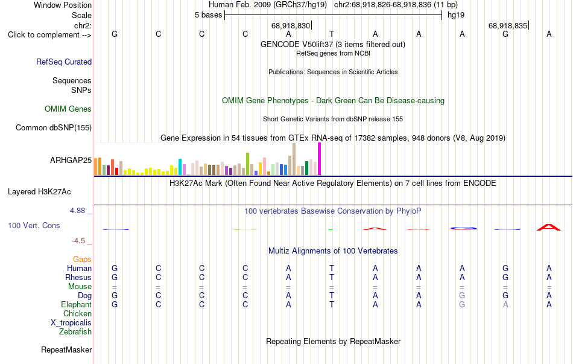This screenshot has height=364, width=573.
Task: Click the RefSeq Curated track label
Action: (64, 62)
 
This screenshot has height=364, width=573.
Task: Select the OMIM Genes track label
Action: (68, 109)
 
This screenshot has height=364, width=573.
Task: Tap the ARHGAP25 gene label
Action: (71, 160)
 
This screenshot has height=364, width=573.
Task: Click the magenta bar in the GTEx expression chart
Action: (320, 159)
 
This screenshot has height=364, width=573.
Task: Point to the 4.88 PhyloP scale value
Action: (77, 211)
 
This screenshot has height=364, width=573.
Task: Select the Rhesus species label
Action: (78, 277)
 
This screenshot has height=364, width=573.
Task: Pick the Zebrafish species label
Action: (75, 332)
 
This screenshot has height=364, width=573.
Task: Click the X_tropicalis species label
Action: (71, 323)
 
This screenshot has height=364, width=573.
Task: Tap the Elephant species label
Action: (77, 305)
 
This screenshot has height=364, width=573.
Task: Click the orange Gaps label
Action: (82, 260)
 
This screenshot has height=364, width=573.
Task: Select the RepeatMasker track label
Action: (66, 350)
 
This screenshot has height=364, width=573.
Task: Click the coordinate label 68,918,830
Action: (291, 25)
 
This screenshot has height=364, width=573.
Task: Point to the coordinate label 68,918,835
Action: (508, 25)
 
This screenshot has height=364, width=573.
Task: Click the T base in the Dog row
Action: (332, 296)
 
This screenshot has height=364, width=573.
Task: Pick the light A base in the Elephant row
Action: (505, 305)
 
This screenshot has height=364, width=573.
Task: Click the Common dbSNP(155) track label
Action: (54, 128)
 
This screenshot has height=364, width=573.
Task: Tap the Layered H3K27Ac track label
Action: (39, 192)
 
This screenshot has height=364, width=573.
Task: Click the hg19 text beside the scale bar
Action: (456, 15)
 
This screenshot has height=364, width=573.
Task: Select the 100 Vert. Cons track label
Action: (34, 226)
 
